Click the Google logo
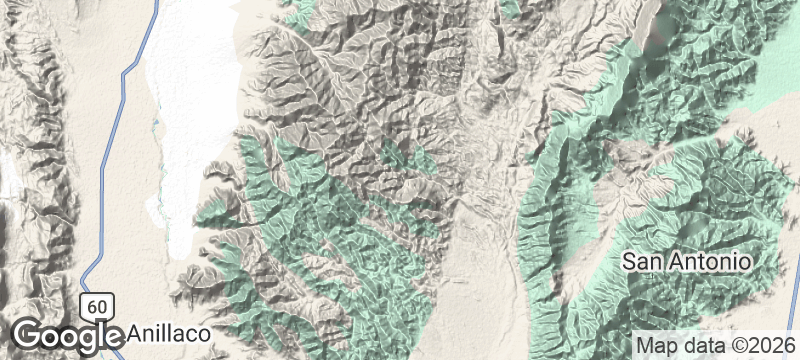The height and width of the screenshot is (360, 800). click(x=66, y=334)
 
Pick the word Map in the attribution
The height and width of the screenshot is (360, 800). click(x=653, y=345)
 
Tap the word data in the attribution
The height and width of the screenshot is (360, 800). click(x=697, y=345)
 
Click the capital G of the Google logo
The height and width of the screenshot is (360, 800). click(x=28, y=333)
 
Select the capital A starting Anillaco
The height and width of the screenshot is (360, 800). click(x=137, y=332)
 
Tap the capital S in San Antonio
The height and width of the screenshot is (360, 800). click(x=630, y=262)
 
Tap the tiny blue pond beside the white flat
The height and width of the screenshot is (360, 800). click(x=156, y=124)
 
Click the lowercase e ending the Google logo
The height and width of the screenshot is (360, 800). click(x=111, y=335)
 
